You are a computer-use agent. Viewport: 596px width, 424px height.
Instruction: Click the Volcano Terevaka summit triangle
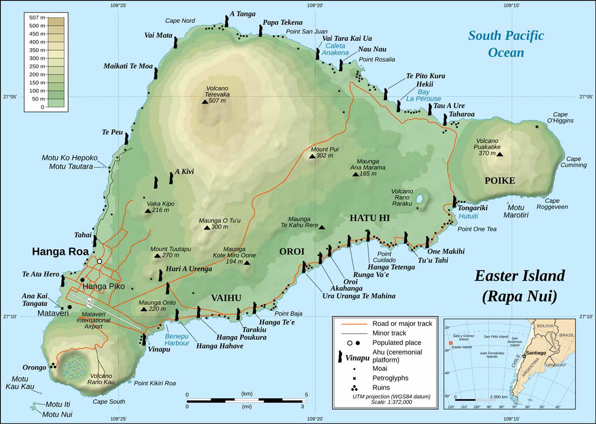(x=205, y=101)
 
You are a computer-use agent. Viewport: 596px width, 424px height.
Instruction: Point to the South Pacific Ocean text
(x=506, y=44)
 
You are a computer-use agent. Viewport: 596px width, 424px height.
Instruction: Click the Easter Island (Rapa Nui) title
(x=519, y=285)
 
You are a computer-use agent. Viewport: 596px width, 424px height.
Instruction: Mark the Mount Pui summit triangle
(x=312, y=156)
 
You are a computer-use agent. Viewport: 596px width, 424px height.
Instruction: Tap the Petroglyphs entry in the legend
(x=390, y=378)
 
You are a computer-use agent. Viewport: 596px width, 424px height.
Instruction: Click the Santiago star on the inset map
(x=523, y=356)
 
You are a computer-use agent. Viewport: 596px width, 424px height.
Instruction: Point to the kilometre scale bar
(x=246, y=400)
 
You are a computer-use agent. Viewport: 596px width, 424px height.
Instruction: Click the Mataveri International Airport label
(x=90, y=321)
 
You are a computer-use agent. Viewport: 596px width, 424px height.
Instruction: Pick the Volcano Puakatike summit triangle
(x=500, y=154)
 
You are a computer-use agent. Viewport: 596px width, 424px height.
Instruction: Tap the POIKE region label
(x=500, y=181)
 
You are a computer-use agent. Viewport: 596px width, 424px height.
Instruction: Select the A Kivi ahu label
(x=184, y=172)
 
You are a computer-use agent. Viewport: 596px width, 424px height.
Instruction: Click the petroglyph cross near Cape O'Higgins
(x=537, y=127)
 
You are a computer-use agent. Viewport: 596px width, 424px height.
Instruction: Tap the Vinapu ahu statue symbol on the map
(x=144, y=340)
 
